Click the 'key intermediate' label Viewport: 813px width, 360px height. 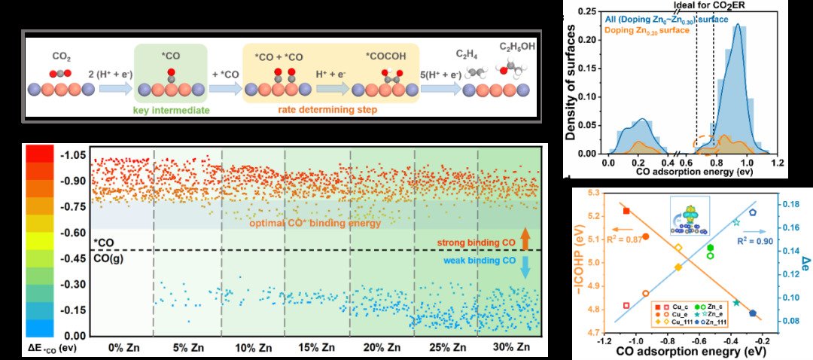click(x=169, y=110)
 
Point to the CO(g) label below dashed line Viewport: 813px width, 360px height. click(x=109, y=258)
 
